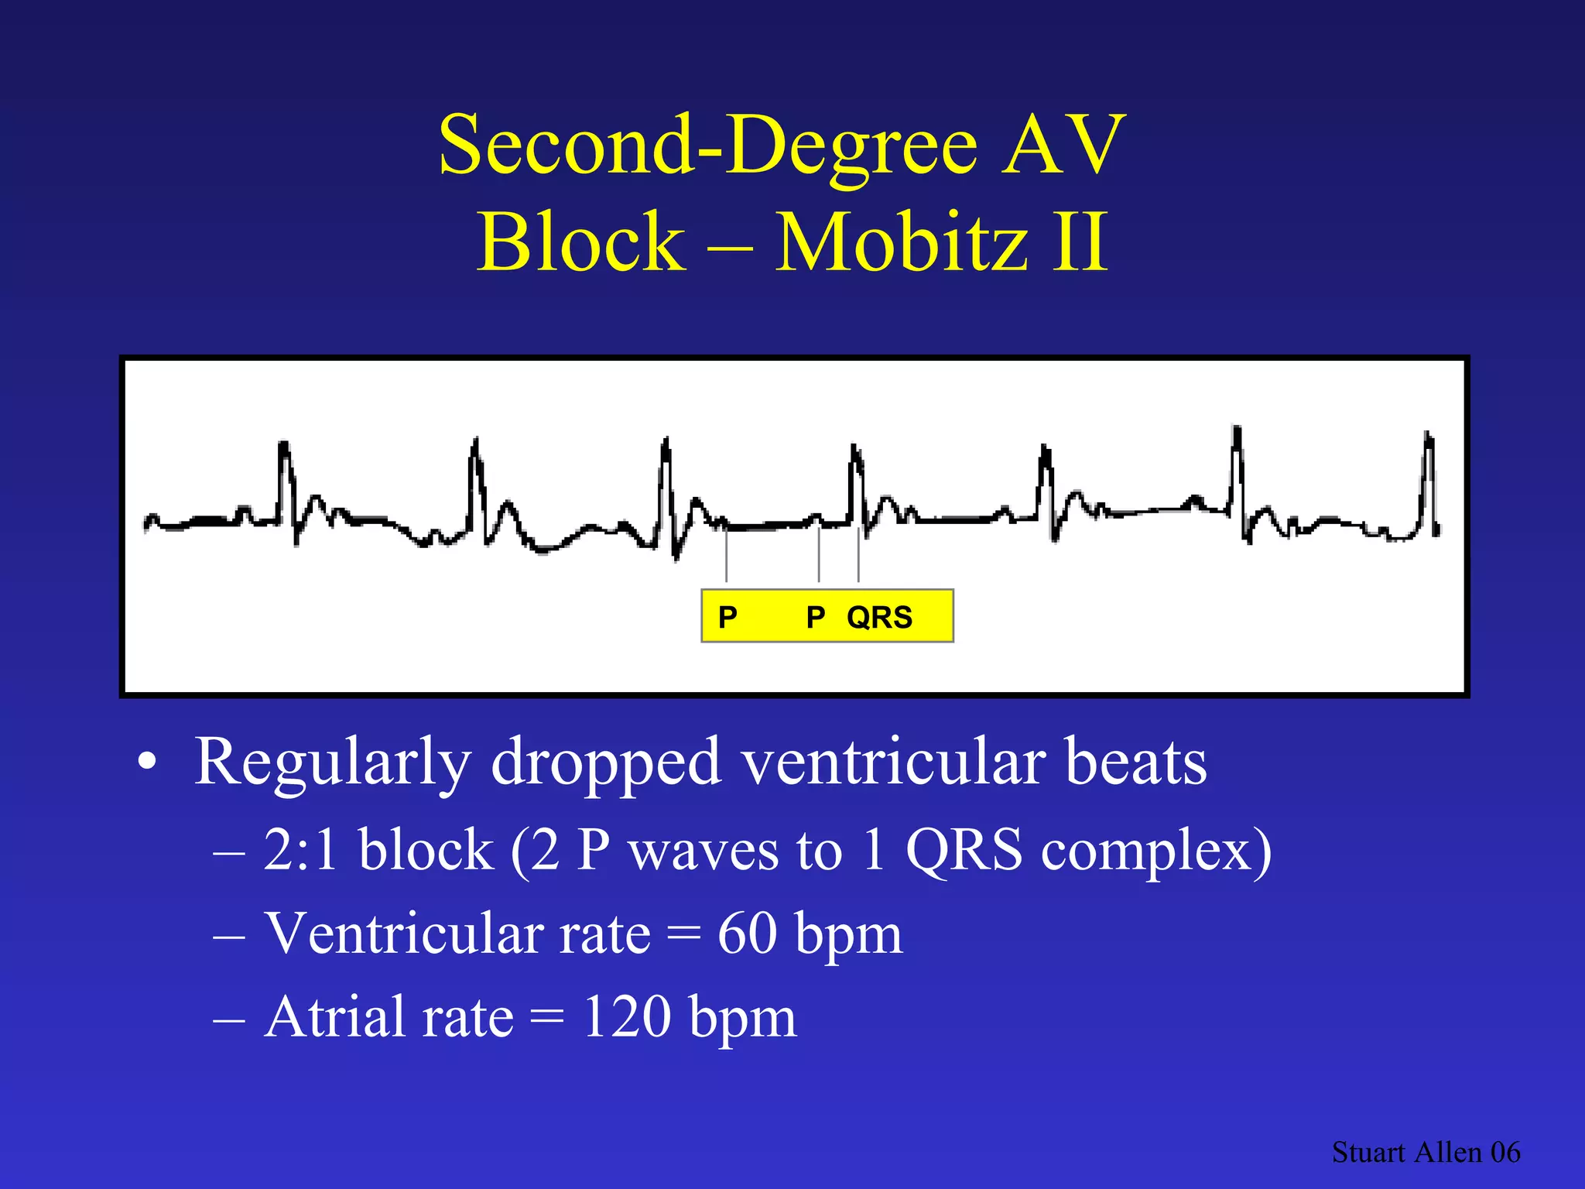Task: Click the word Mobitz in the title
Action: coord(901,243)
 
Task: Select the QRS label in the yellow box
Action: coord(880,617)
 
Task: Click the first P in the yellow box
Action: coord(727,617)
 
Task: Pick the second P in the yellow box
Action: coord(816,617)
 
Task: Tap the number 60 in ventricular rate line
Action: coord(747,934)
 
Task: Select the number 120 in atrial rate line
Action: coord(626,1017)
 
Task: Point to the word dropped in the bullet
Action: coord(606,763)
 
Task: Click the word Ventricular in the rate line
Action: coord(457,934)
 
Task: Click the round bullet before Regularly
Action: coord(147,763)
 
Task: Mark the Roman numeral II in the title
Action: coord(1080,243)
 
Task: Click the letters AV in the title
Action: coord(1063,146)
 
